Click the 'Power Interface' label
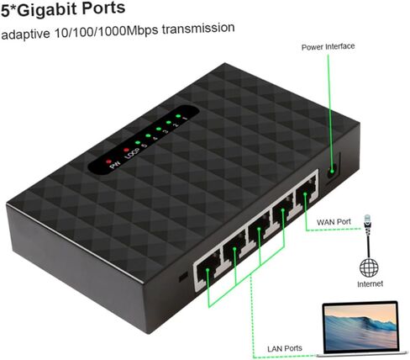(x=328, y=46)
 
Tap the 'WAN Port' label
(x=334, y=222)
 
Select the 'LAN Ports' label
(x=285, y=348)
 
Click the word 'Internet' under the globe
(x=370, y=284)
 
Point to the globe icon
(x=369, y=267)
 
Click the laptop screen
(x=360, y=326)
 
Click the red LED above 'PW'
(x=108, y=161)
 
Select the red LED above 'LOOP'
(x=126, y=150)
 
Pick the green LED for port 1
(x=177, y=115)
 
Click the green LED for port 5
(x=138, y=142)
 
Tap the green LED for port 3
(x=159, y=129)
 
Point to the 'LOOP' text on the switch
(x=132, y=154)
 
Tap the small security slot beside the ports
(x=183, y=277)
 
